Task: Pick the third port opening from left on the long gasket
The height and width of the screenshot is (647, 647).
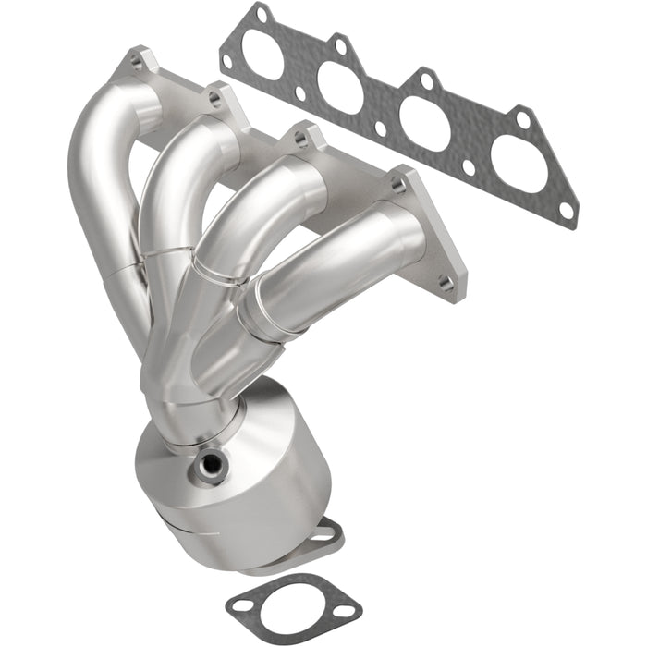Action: click(x=422, y=124)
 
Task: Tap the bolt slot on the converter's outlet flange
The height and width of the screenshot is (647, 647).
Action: click(x=324, y=532)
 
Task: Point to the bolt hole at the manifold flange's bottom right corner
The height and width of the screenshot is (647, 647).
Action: click(x=447, y=286)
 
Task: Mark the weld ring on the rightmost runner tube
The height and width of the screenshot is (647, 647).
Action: click(x=262, y=311)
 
